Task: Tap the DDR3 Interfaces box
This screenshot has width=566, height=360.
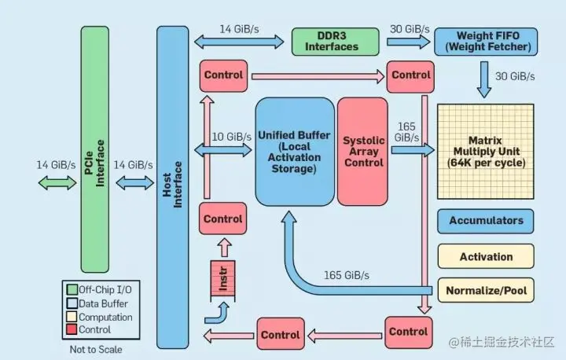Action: (334, 41)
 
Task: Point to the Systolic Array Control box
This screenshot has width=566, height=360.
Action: (363, 152)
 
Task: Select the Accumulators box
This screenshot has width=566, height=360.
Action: (486, 221)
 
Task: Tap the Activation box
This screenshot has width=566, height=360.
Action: (486, 256)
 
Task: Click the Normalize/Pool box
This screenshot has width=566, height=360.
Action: (486, 291)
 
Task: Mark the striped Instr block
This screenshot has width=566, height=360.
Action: (223, 279)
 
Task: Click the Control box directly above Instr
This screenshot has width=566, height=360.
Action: (223, 218)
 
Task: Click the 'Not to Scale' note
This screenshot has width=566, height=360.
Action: (95, 349)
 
